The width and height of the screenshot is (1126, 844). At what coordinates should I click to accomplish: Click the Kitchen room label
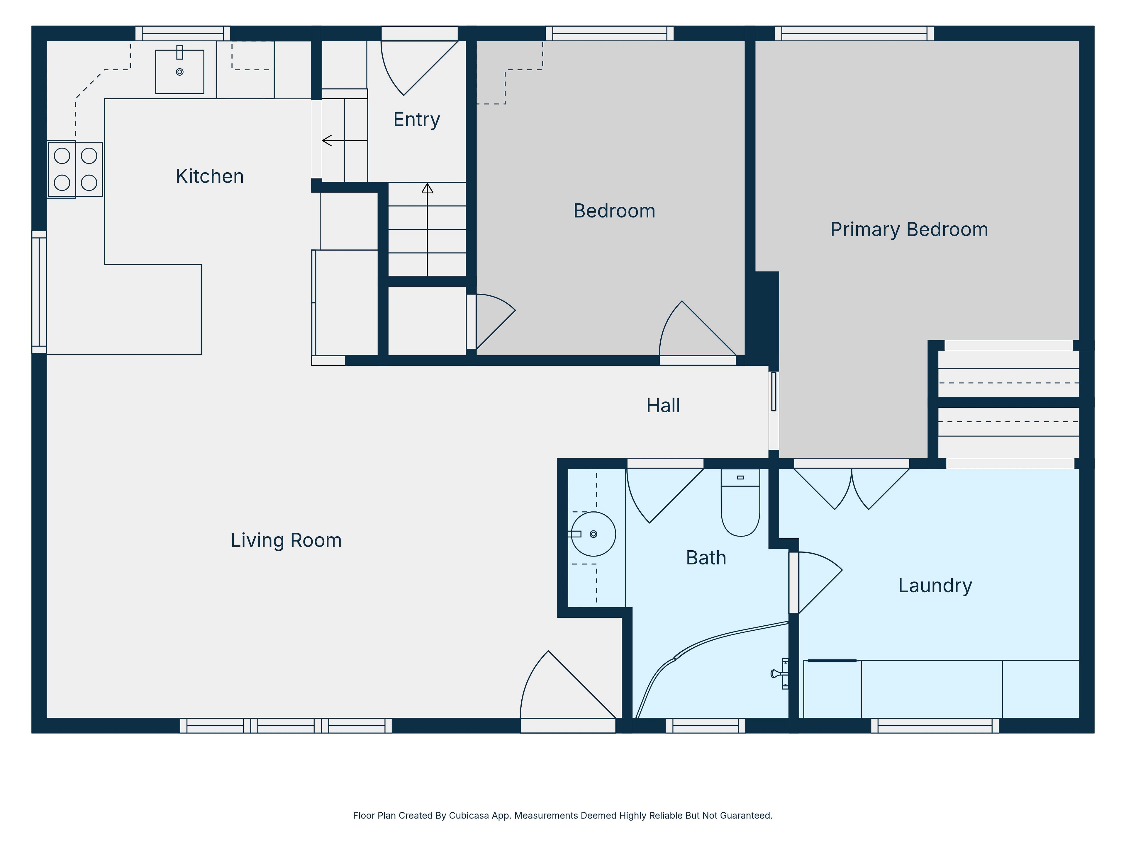(210, 176)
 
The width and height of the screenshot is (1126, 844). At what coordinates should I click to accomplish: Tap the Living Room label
(286, 540)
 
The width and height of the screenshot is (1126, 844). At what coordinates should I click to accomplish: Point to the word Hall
(663, 406)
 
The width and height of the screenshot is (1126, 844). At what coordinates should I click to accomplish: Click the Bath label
(706, 558)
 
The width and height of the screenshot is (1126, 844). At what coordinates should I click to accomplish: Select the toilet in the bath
(741, 503)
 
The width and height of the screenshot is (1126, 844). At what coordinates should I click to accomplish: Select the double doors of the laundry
(852, 489)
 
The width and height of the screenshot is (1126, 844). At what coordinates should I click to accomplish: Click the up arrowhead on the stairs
(427, 188)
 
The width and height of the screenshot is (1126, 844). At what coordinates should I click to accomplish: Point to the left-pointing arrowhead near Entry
(327, 140)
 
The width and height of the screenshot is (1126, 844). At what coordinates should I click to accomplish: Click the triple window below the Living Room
(286, 726)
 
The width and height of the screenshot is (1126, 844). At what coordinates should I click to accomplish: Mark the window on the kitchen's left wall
(39, 292)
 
